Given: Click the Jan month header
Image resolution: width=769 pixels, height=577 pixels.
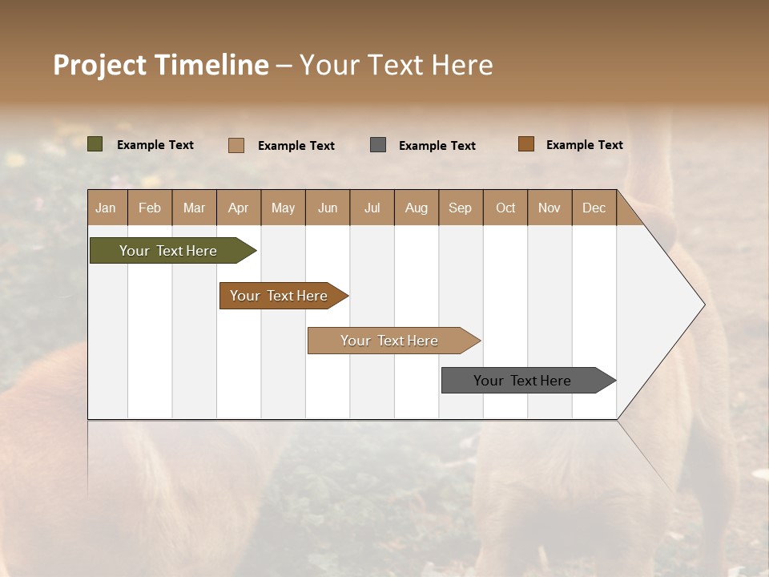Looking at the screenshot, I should click(107, 208).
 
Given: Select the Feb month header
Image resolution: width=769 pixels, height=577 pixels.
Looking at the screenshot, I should click(150, 208).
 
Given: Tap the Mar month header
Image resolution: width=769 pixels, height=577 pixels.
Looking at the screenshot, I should click(194, 208).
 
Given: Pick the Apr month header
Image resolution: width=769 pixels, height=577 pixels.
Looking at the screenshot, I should click(239, 208).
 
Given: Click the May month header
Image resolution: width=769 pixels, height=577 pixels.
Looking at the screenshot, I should click(283, 208).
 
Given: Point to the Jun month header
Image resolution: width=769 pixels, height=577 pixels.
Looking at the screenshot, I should click(328, 208).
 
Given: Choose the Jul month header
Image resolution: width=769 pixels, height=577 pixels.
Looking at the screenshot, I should click(372, 208).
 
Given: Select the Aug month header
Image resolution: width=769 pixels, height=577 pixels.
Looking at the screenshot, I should click(417, 208).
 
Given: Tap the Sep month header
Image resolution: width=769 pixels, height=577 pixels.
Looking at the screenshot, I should click(461, 208).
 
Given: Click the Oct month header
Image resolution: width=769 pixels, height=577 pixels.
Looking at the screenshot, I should click(505, 208).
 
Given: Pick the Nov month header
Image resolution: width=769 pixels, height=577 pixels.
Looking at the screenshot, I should click(550, 208).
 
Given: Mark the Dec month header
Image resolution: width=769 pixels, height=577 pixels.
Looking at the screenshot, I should click(594, 208).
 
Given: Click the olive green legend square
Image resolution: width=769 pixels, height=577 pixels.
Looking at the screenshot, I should click(95, 144).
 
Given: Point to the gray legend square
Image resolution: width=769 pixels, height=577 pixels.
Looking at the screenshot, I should click(378, 145).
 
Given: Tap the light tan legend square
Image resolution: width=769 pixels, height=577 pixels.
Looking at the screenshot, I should click(236, 145).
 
